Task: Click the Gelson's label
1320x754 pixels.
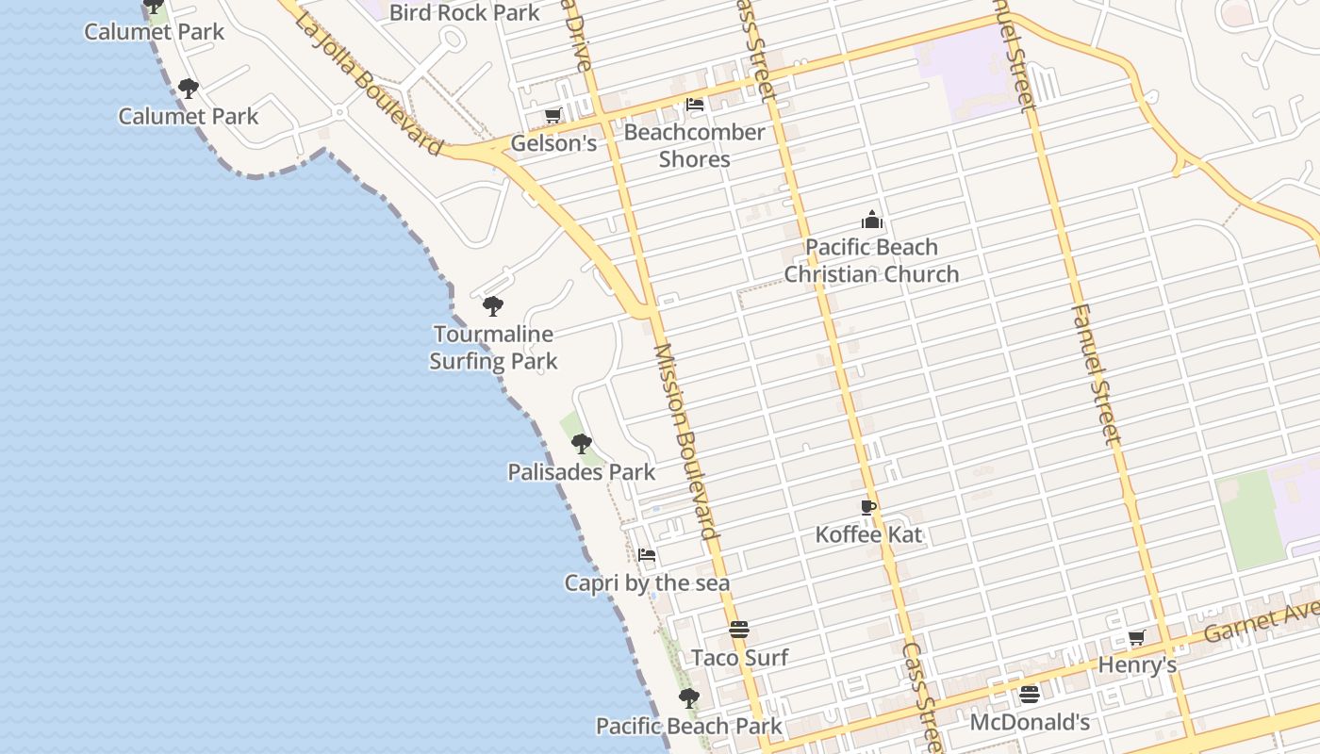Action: pyautogui.click(x=553, y=143)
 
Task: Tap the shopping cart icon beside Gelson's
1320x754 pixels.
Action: pyautogui.click(x=553, y=116)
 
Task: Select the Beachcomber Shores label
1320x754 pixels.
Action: pyautogui.click(x=694, y=145)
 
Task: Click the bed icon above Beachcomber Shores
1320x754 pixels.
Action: pyautogui.click(x=695, y=105)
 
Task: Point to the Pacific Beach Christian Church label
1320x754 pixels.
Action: pyautogui.click(x=871, y=261)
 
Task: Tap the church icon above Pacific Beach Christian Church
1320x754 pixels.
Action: pyautogui.click(x=872, y=221)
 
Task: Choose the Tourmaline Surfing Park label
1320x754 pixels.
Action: pyautogui.click(x=493, y=347)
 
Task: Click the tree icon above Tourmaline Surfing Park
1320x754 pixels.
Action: pyautogui.click(x=492, y=306)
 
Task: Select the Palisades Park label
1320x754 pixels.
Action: pyautogui.click(x=581, y=472)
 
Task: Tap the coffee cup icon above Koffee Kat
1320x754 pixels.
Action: pyautogui.click(x=868, y=508)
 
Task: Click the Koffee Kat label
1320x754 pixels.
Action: pyautogui.click(x=868, y=535)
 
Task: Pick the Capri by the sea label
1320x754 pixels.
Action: pyautogui.click(x=647, y=583)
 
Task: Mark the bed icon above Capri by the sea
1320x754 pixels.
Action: pyautogui.click(x=647, y=555)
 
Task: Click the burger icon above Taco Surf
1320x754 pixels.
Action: pyautogui.click(x=739, y=630)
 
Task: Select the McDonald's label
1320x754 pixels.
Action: pyautogui.click(x=1030, y=723)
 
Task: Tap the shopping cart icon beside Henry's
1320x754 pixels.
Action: pyautogui.click(x=1137, y=638)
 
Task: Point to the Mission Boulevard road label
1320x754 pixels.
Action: pyautogui.click(x=687, y=441)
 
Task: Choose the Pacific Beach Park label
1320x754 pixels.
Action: pyautogui.click(x=688, y=726)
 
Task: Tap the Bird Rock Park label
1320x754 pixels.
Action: pyautogui.click(x=464, y=12)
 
